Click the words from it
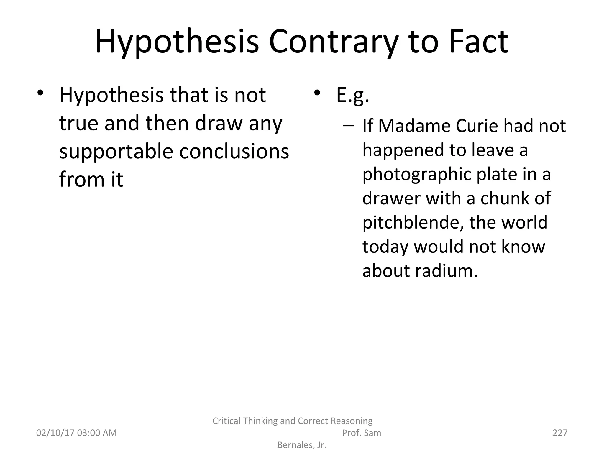click(91, 179)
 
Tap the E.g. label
click(353, 96)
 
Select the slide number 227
click(560, 433)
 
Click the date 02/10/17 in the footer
click(55, 433)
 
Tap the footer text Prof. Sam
click(361, 433)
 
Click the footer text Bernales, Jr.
click(302, 445)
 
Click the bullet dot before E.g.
click(317, 93)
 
